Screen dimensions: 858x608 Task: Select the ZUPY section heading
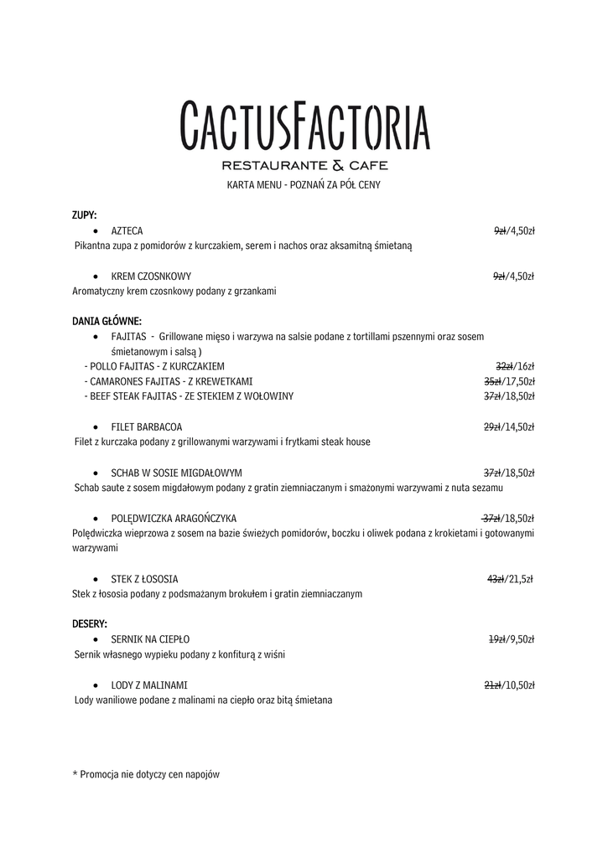85,215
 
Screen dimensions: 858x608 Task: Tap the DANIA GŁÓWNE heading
107,321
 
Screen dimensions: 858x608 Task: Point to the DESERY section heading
90,624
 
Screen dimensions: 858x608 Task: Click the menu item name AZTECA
127,230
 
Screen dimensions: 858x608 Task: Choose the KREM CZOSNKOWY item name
151,276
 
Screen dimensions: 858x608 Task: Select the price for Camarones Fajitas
509,381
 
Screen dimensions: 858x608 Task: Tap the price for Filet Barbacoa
509,426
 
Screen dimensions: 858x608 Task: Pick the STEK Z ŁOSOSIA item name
144,579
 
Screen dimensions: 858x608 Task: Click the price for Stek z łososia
510,579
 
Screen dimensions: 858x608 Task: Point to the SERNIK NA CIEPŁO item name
150,639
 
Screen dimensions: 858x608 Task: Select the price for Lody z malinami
509,685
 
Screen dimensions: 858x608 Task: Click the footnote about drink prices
146,775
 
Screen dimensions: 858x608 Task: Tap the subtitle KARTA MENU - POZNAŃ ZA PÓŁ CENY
304,184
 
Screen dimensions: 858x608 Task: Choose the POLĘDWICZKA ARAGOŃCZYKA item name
174,518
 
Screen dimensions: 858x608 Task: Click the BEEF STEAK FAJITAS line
189,396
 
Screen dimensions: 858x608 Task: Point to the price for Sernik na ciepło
511,639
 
